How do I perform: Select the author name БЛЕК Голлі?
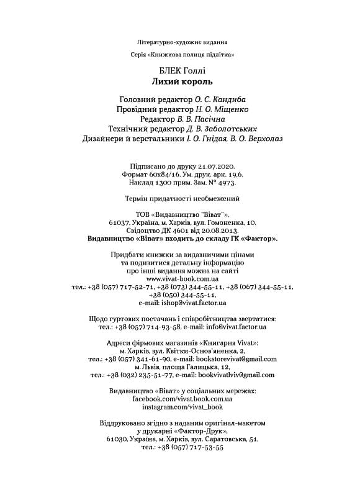(x=182, y=70)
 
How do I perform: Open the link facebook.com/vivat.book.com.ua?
(x=182, y=398)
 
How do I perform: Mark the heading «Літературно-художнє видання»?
(x=182, y=42)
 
